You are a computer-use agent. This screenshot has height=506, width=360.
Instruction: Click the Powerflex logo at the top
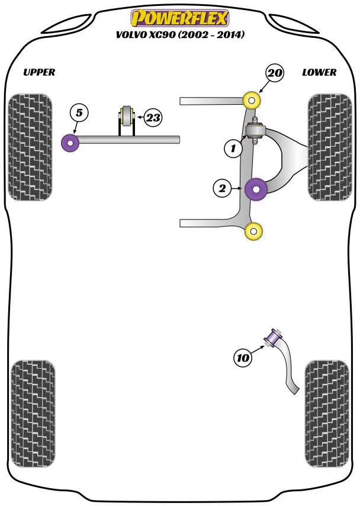click(179, 18)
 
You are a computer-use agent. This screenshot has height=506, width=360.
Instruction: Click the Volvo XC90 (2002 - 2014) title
click(179, 35)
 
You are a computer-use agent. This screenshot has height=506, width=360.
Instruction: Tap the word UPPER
click(39, 72)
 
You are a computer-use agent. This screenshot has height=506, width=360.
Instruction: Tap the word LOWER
click(319, 72)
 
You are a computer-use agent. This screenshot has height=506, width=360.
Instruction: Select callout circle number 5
click(79, 112)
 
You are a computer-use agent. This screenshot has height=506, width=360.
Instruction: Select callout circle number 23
click(153, 118)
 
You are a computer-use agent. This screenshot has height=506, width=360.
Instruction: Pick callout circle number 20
click(275, 73)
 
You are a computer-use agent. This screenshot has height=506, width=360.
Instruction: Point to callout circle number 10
click(243, 357)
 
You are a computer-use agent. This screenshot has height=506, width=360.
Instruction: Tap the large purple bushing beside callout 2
click(256, 189)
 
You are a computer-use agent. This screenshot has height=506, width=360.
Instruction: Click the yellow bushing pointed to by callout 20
click(253, 100)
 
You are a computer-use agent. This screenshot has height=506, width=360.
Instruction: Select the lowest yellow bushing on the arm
click(253, 231)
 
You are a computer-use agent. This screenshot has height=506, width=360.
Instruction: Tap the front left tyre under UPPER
click(28, 147)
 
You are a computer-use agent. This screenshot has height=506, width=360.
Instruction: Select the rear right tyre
click(324, 412)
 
